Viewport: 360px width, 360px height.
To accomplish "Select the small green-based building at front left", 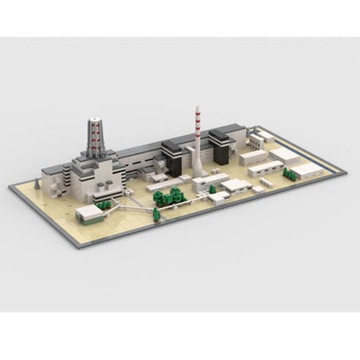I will tap(88, 213).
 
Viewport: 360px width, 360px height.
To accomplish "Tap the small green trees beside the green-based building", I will tap(106, 204).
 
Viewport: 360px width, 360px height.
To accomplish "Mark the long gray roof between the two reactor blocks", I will tap(138, 155).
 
